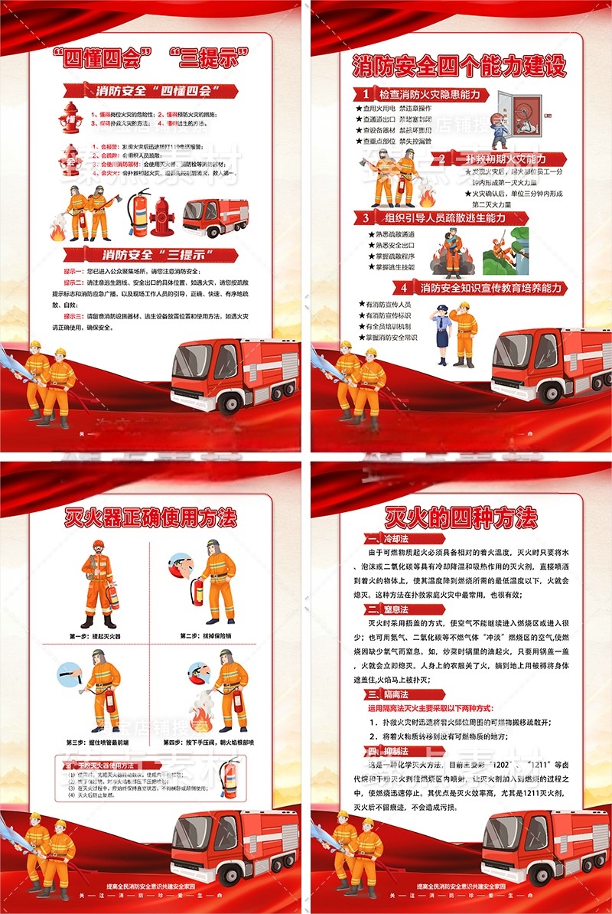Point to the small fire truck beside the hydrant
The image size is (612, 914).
[215, 217]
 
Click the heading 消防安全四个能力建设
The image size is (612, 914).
[459, 66]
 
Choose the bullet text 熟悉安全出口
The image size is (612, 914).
[395, 245]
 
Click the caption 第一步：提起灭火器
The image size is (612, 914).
[95, 635]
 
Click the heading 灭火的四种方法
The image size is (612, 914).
[461, 517]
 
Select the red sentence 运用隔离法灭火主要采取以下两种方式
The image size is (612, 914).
[441, 708]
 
